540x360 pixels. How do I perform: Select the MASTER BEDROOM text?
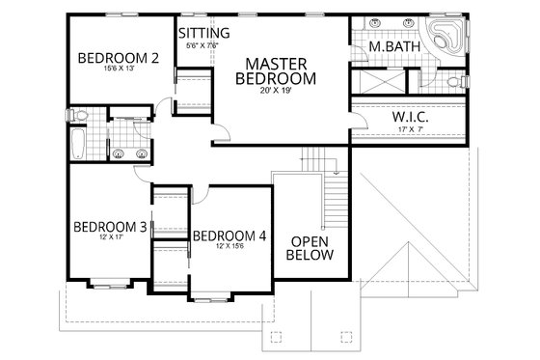tap(277, 69)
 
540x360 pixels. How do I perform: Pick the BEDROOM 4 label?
tap(229, 235)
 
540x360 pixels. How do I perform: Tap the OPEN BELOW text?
tap(311, 248)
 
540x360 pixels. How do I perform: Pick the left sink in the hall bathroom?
tap(118, 152)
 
